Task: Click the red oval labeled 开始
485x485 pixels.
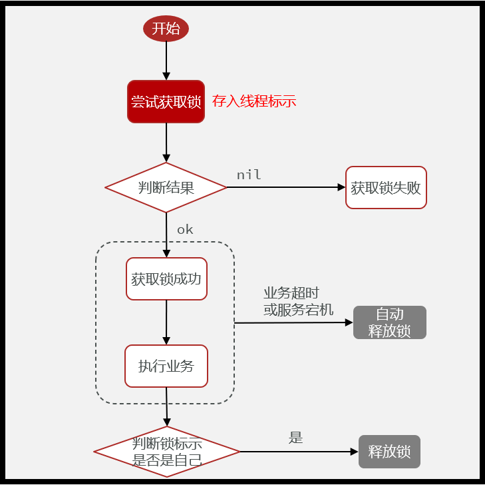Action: point(166,29)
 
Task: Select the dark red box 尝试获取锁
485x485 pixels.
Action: point(166,101)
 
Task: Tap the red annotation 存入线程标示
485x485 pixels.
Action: point(253,101)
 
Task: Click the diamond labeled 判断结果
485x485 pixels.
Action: point(166,187)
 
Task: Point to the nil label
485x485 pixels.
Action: point(249,175)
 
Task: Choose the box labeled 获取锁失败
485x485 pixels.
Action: point(386,187)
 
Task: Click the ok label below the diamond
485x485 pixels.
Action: point(185,229)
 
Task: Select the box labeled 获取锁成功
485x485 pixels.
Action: point(166,279)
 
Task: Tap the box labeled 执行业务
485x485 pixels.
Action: point(166,366)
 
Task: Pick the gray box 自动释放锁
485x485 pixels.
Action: point(389,322)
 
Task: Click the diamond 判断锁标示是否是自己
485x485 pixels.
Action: point(166,452)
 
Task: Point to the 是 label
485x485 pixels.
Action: point(295,438)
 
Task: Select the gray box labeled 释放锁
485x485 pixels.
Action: point(389,452)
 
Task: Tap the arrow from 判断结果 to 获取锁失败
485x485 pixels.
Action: point(286,187)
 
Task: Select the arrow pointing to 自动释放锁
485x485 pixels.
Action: point(293,322)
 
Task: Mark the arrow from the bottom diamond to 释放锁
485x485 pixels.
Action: point(299,452)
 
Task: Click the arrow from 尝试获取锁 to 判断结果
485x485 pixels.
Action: point(166,143)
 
